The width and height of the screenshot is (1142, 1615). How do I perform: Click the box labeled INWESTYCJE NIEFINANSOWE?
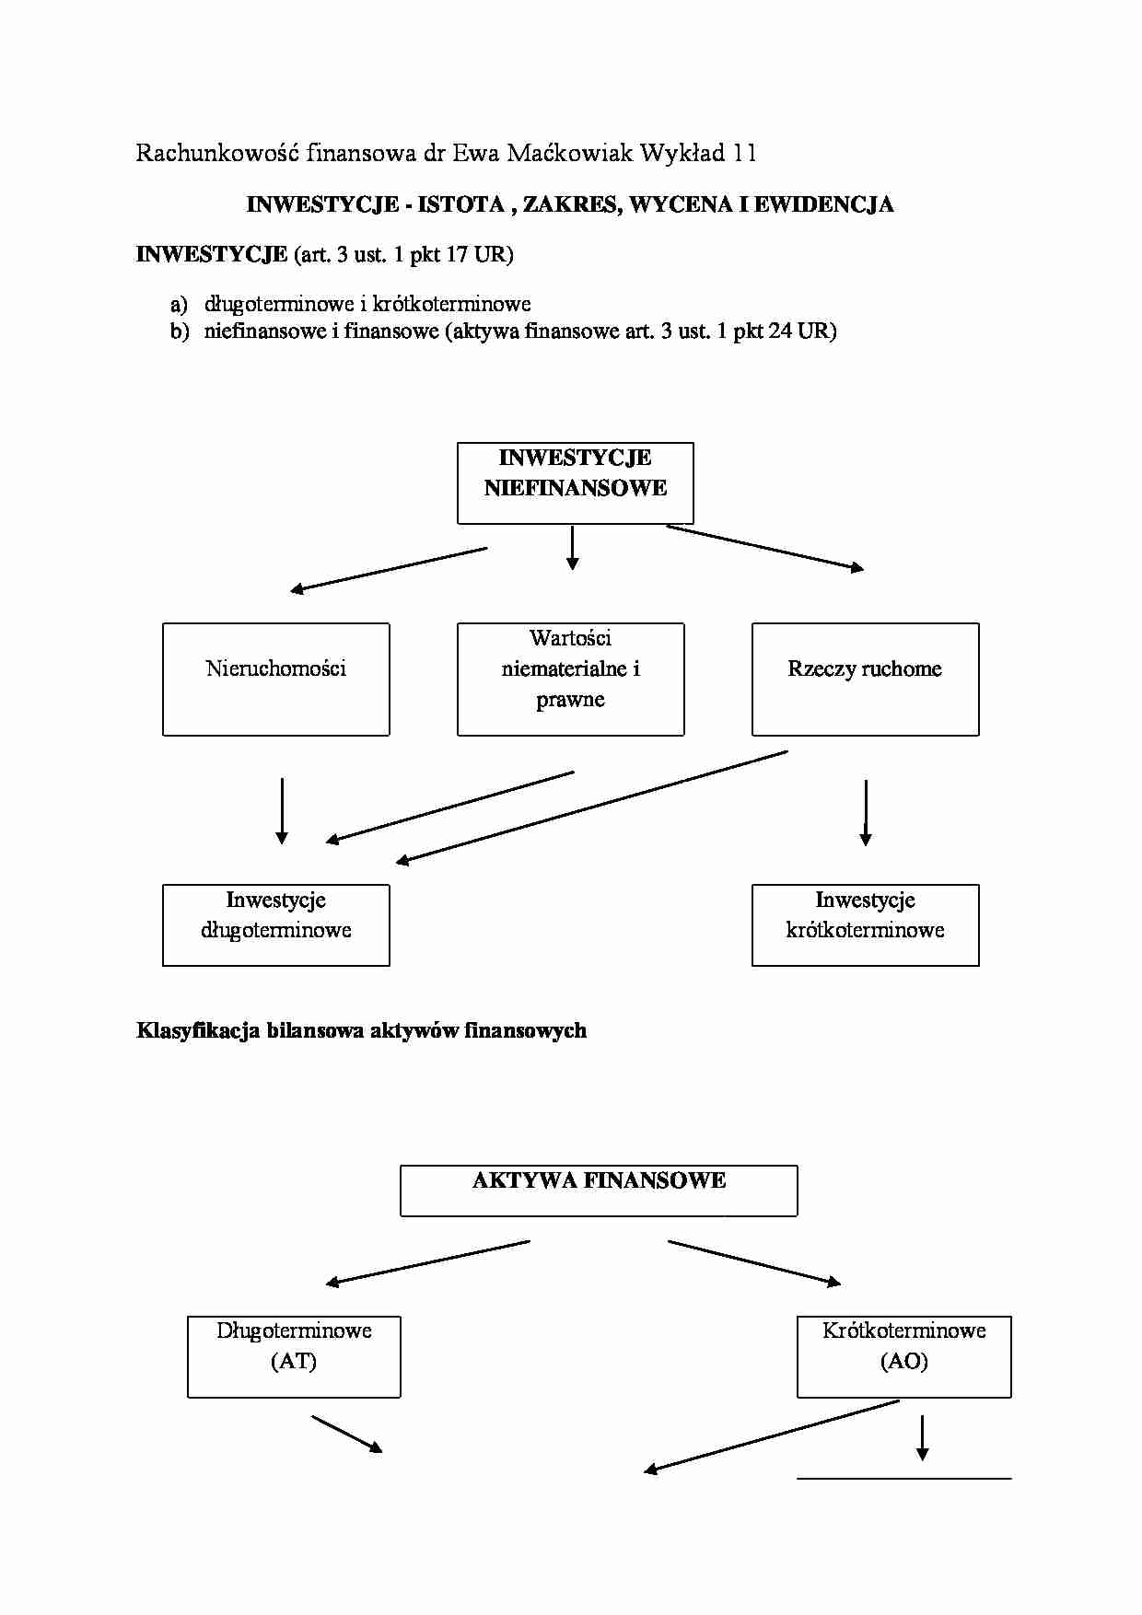(x=575, y=482)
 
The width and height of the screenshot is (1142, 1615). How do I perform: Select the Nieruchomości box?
(x=275, y=679)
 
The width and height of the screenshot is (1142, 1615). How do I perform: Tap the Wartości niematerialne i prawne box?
(x=570, y=679)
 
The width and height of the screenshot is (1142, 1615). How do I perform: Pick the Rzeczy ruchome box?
(x=865, y=679)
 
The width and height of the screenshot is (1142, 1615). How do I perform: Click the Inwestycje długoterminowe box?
(x=275, y=924)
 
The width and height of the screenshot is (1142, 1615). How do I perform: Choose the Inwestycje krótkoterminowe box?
(x=865, y=924)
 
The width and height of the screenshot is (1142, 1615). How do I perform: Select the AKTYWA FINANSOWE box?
(x=599, y=1190)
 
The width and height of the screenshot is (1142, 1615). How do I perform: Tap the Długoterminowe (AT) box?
(x=294, y=1356)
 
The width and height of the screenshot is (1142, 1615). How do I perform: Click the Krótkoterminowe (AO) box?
(x=903, y=1356)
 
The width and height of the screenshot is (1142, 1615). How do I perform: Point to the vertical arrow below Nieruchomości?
(x=282, y=810)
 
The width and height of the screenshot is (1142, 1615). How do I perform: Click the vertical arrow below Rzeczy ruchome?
(x=866, y=812)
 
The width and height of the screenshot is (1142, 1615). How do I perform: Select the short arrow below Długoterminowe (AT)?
(x=347, y=1435)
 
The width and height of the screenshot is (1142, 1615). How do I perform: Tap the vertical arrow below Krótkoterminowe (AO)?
(x=922, y=1437)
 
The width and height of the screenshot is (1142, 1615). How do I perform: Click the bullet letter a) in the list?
(x=179, y=304)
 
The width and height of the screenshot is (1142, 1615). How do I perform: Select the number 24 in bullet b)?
(x=779, y=331)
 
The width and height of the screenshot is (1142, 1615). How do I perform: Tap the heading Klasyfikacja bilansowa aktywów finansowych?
(x=361, y=1030)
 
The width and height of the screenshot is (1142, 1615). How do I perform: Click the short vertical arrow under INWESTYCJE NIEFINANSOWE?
(x=572, y=548)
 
